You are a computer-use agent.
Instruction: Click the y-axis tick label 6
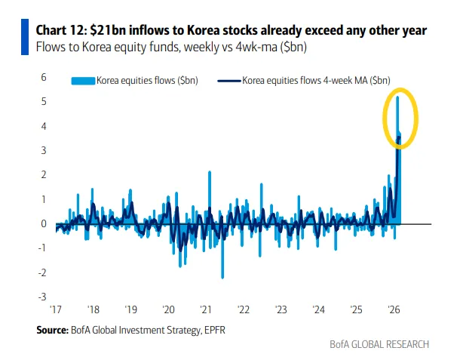pos(44,78)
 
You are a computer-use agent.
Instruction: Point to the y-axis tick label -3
pos(43,297)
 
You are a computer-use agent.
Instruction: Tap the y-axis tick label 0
pos(44,223)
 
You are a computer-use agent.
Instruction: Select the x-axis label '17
pos(56,309)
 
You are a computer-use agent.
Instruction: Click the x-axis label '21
pos(205,309)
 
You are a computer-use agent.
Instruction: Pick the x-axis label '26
pos(394,309)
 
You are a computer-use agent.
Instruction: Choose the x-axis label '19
pos(130,309)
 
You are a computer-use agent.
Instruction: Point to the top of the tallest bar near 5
pos(398,97)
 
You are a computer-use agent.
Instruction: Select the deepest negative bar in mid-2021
pos(222,277)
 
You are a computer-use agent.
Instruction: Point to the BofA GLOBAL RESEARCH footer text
pos(379,344)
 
